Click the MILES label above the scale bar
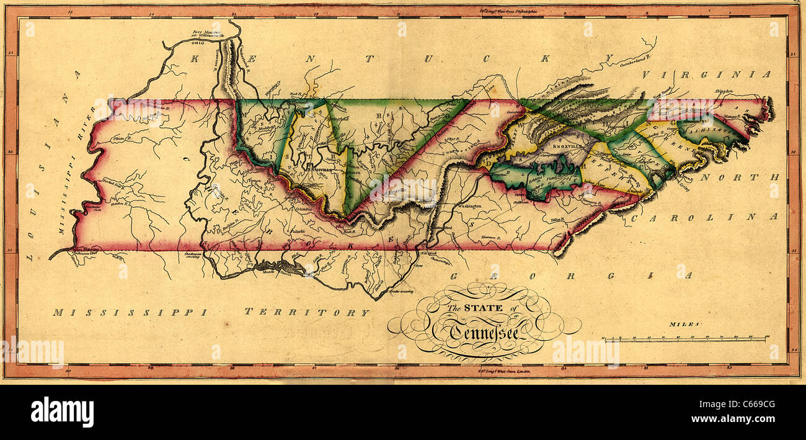(x=684, y=324)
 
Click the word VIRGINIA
(x=706, y=74)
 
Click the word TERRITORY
(x=306, y=312)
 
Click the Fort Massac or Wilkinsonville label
(x=208, y=35)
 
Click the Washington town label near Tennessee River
(x=470, y=205)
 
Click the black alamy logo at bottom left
(x=62, y=412)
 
